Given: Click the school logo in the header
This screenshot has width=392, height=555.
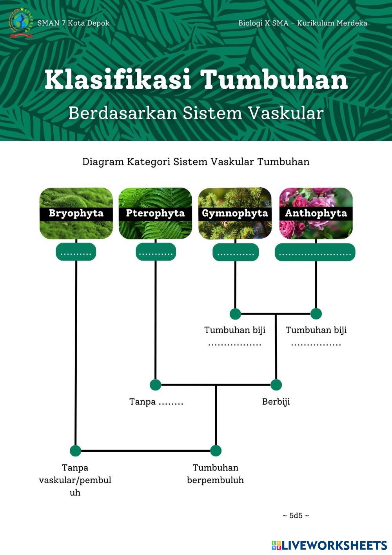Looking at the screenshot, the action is [21, 23].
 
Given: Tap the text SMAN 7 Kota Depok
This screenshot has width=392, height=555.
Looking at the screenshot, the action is [73, 23].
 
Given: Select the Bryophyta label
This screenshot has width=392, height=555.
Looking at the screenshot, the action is [76, 213].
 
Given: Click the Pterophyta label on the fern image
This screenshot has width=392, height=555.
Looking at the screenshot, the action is [155, 213].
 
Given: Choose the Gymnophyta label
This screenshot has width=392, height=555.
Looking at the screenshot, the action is [235, 214].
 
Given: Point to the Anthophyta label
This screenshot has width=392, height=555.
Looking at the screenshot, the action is [316, 214].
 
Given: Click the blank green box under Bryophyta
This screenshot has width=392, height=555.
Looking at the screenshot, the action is [76, 252].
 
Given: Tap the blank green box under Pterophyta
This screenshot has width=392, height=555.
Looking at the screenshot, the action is [156, 252].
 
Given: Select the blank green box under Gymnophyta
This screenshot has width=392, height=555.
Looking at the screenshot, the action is [236, 252].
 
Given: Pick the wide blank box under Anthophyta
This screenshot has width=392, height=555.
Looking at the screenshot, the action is [315, 252].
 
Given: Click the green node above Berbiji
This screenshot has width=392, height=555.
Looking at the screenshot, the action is [276, 385].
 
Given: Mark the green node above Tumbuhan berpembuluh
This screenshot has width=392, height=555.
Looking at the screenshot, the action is [216, 451].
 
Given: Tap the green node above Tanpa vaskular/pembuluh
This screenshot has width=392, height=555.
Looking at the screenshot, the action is [75, 451].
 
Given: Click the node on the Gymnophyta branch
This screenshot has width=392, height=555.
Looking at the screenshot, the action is [235, 314].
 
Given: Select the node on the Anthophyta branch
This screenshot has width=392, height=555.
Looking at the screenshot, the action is [316, 314].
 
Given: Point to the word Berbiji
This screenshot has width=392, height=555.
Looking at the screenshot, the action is [276, 402].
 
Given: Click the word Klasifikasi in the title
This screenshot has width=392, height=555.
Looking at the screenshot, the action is [118, 80].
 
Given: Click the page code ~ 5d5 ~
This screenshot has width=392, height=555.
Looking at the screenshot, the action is [296, 516].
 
